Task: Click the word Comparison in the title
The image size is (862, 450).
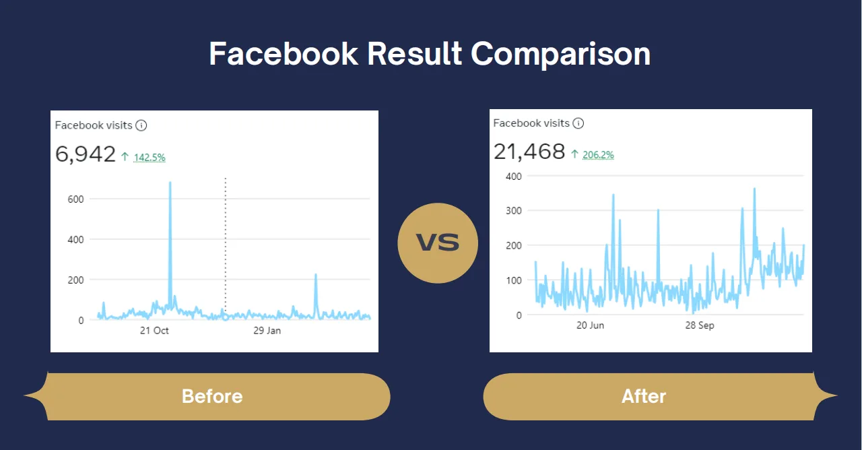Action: [x=560, y=54]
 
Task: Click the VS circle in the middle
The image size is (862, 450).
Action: [x=438, y=243]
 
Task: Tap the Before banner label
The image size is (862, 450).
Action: [x=211, y=396]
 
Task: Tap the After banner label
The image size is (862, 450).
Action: [x=643, y=396]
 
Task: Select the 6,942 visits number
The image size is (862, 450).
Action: [x=86, y=154]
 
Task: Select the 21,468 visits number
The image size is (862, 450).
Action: [x=529, y=152]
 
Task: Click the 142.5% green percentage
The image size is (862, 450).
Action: [x=150, y=158]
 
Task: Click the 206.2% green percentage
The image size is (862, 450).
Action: [x=599, y=155]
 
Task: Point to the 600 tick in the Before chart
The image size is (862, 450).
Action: [x=75, y=199]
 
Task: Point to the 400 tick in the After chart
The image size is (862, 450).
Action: [x=514, y=176]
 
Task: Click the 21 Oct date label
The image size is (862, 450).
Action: [x=154, y=331]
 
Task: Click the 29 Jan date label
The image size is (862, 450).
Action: [x=267, y=331]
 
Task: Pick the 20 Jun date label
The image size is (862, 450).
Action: [x=590, y=325]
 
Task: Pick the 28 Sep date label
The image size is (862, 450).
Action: [x=700, y=325]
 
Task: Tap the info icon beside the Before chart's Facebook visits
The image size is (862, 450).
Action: [x=141, y=125]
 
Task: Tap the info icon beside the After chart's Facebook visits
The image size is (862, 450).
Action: [x=578, y=123]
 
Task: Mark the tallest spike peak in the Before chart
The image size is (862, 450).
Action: [x=170, y=183]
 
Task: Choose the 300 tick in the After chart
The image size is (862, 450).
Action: [x=514, y=211]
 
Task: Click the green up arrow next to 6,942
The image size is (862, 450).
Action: [x=125, y=157]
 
